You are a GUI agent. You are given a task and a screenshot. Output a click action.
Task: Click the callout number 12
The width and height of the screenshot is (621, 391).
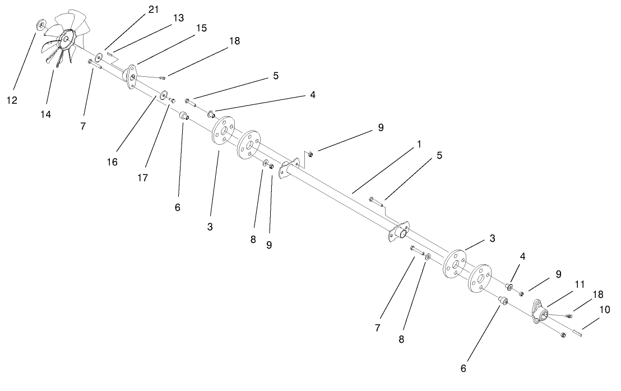[12, 100]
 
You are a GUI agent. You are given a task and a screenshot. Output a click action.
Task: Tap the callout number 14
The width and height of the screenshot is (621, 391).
[45, 114]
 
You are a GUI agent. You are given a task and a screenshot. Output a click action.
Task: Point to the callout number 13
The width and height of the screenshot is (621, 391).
[178, 19]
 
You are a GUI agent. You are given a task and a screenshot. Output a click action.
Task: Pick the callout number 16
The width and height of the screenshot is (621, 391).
[113, 162]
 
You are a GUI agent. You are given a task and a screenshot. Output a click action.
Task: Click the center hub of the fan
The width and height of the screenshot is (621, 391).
[67, 38]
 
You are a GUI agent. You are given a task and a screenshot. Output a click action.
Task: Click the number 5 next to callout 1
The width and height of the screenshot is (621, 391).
[439, 155]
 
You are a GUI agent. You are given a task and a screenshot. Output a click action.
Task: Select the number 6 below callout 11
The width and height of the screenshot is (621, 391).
[463, 369]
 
